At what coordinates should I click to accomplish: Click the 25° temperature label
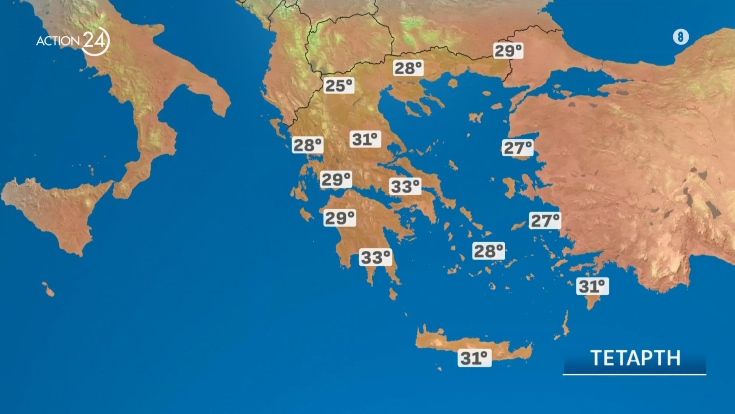tap(339, 85)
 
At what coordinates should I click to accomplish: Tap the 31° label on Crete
tap(474, 358)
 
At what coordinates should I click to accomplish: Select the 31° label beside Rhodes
tap(592, 286)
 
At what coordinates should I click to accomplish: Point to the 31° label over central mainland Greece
tap(365, 139)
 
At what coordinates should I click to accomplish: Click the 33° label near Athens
tap(405, 187)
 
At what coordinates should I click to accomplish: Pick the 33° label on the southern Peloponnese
tap(376, 257)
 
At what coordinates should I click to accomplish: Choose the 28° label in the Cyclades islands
tap(488, 251)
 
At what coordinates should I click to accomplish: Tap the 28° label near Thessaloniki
tap(408, 68)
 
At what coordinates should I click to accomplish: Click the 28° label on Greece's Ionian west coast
tap(307, 145)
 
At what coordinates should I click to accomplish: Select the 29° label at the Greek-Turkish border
tap(508, 51)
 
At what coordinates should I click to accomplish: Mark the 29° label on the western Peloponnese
tap(340, 218)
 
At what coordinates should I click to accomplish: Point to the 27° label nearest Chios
tap(517, 148)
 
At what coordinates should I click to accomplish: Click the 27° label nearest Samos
tap(545, 220)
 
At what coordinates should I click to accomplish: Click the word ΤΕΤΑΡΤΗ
tap(635, 358)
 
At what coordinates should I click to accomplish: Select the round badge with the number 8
tap(681, 37)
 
